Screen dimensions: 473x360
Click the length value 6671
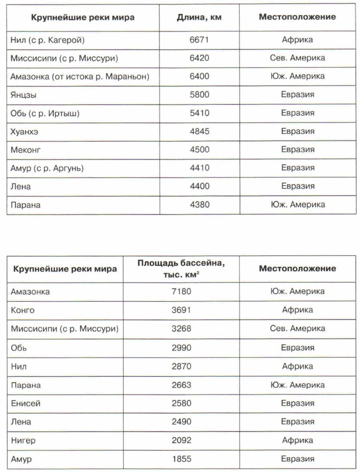coord(199,40)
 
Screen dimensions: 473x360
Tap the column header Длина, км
coord(199,17)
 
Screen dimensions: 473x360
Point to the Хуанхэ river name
coord(25,132)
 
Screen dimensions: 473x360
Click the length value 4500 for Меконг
coord(199,150)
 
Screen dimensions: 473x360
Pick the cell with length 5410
coord(199,113)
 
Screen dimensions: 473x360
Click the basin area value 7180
coord(181,292)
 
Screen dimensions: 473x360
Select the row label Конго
coord(22,310)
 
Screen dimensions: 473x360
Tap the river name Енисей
coord(26,403)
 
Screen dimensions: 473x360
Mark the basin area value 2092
coord(181,441)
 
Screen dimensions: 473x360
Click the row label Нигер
coord(23,441)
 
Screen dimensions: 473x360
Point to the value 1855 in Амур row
coord(181,459)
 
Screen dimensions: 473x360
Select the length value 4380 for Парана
coord(199,205)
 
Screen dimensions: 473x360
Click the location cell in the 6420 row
coord(297,58)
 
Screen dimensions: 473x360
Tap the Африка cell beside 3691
coord(297,310)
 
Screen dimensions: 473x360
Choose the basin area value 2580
coord(181,403)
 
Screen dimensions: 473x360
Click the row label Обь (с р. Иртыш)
coord(45,113)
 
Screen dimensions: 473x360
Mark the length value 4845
coord(199,132)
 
